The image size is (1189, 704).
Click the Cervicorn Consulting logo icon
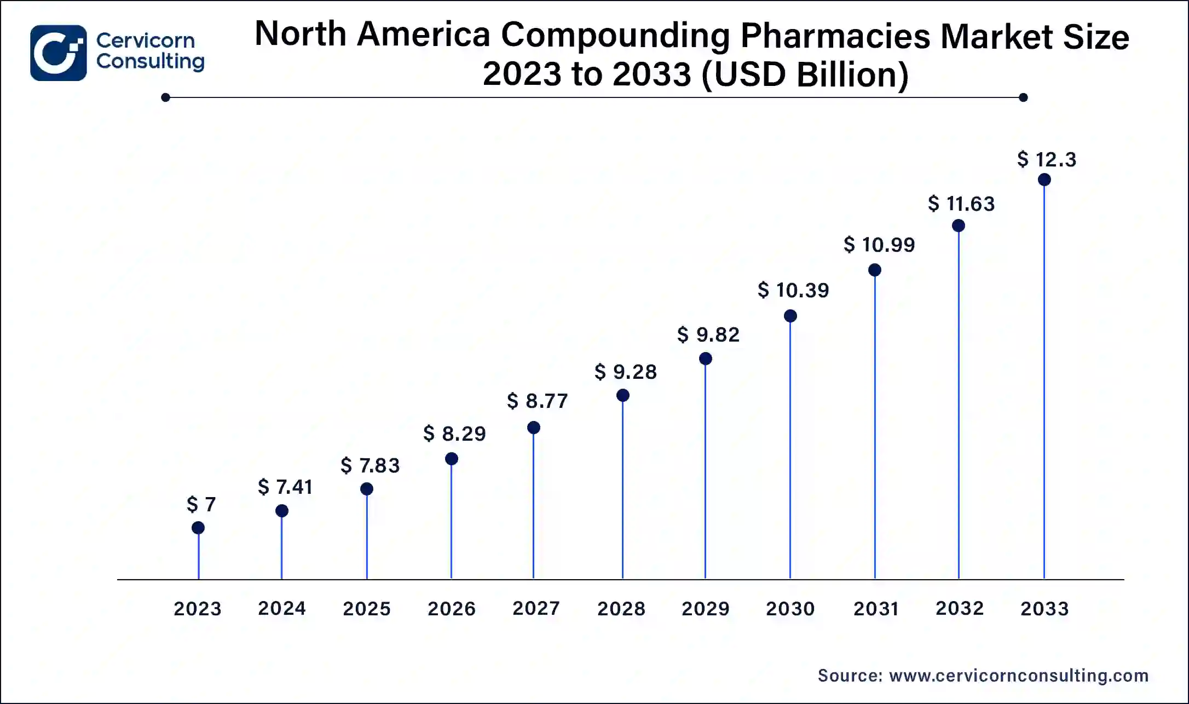[x=58, y=53]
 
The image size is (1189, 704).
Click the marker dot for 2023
[x=198, y=528]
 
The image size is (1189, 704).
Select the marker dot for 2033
[x=1044, y=180]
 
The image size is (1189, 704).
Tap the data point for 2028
[x=622, y=395]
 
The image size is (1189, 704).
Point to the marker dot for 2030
[x=790, y=316]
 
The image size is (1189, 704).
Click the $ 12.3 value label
[x=1047, y=159]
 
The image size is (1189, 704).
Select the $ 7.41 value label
[x=285, y=487]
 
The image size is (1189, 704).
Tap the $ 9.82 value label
[x=708, y=334]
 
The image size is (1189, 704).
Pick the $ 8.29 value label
[x=454, y=434]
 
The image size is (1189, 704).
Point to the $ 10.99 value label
[x=879, y=245]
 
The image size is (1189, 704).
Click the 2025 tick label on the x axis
[x=367, y=609]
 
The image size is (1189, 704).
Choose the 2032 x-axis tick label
[x=960, y=608]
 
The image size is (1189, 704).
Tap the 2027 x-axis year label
[x=536, y=608]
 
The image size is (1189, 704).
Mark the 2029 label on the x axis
[x=706, y=609]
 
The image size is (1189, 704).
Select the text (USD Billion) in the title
[x=804, y=74]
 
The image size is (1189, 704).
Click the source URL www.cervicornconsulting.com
[x=1019, y=676]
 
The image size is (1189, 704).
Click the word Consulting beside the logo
[x=151, y=61]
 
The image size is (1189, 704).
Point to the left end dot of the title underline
[x=166, y=97]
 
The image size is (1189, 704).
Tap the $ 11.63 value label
[x=961, y=204]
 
